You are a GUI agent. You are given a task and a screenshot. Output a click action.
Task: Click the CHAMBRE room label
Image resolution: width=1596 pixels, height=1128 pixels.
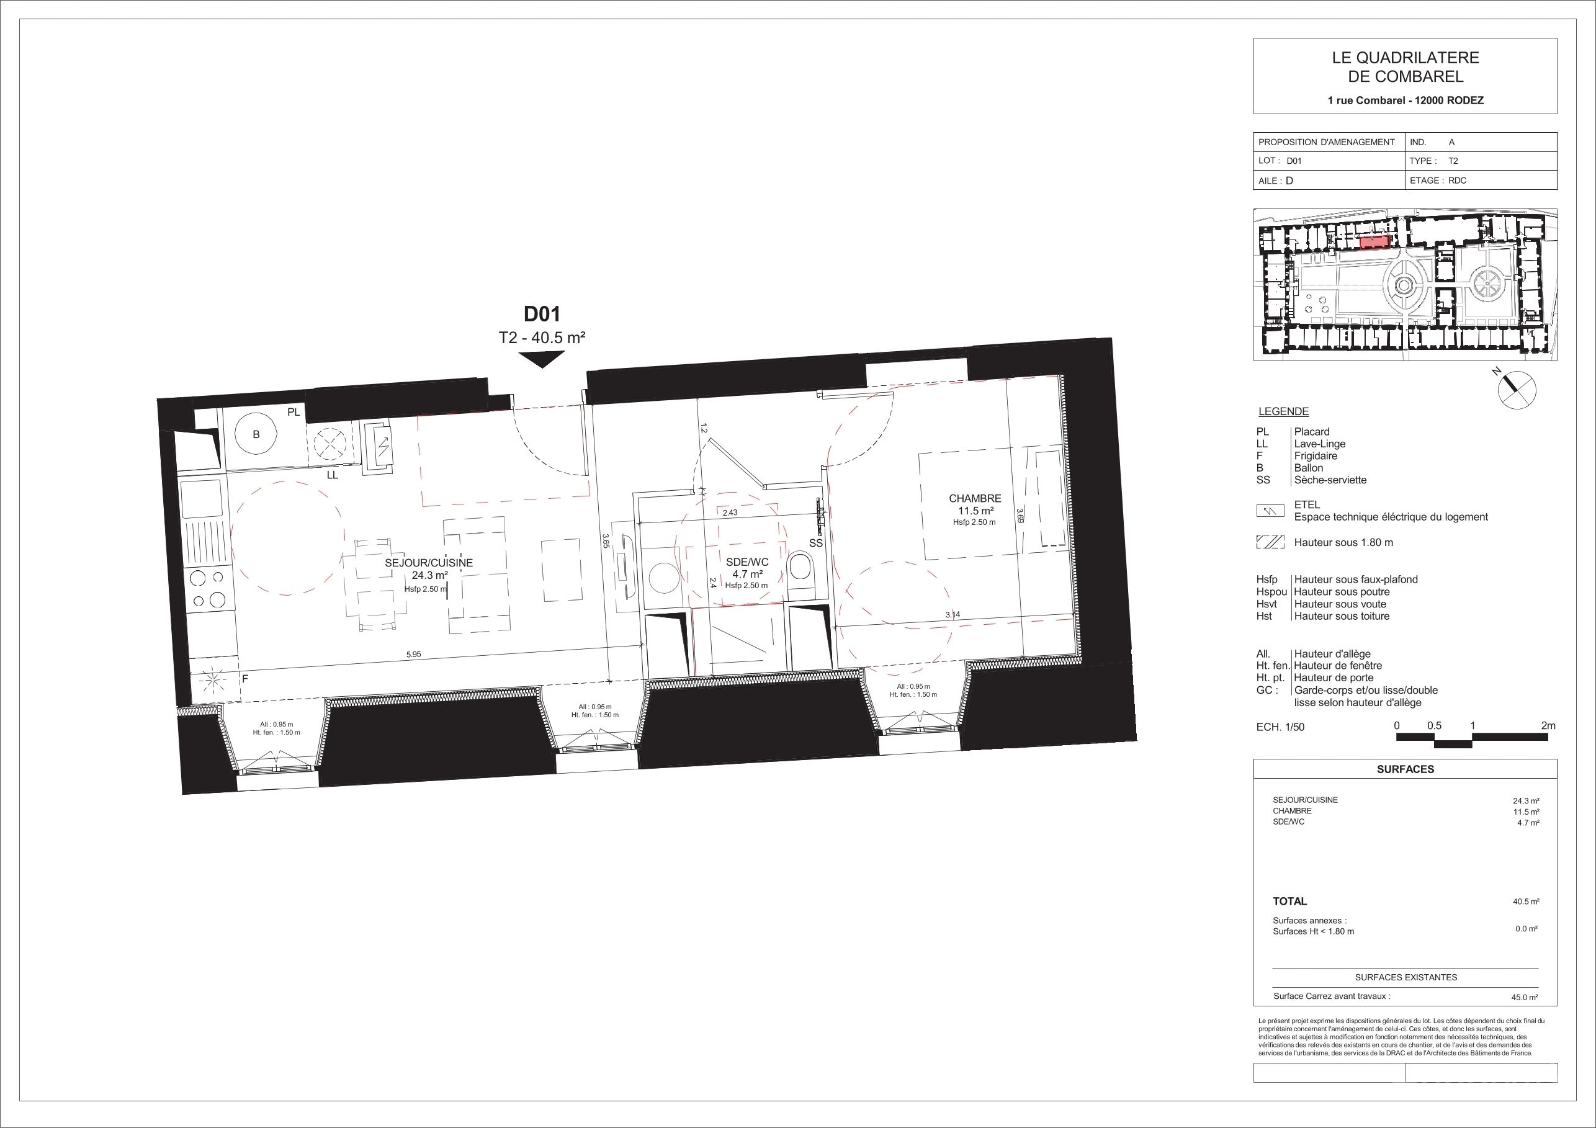tap(975, 498)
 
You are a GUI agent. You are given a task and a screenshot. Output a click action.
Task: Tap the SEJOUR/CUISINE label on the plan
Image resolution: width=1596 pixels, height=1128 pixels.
tap(428, 563)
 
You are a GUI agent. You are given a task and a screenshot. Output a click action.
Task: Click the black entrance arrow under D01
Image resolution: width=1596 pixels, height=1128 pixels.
tap(542, 359)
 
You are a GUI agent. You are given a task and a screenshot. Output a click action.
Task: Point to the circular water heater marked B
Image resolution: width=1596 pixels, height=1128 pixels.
tap(256, 435)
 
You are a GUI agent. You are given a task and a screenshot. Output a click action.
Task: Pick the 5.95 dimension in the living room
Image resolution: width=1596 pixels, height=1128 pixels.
tap(414, 654)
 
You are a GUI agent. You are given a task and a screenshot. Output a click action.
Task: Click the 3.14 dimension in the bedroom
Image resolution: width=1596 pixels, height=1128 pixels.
tap(953, 614)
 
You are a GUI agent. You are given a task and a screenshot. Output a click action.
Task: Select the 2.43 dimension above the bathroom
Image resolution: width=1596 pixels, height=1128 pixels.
tap(730, 513)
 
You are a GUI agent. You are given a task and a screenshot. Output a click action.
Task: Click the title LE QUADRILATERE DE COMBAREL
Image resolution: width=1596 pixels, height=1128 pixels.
tap(1404, 68)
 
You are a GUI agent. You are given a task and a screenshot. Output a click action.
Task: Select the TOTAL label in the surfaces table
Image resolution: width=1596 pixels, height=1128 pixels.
tap(1290, 902)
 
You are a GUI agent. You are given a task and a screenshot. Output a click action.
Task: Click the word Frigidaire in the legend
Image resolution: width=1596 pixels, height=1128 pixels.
tap(1316, 456)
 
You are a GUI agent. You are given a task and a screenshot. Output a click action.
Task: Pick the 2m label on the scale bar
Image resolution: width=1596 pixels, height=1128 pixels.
tap(1548, 725)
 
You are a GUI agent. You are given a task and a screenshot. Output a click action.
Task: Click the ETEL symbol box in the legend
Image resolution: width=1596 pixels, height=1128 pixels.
tap(1271, 511)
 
